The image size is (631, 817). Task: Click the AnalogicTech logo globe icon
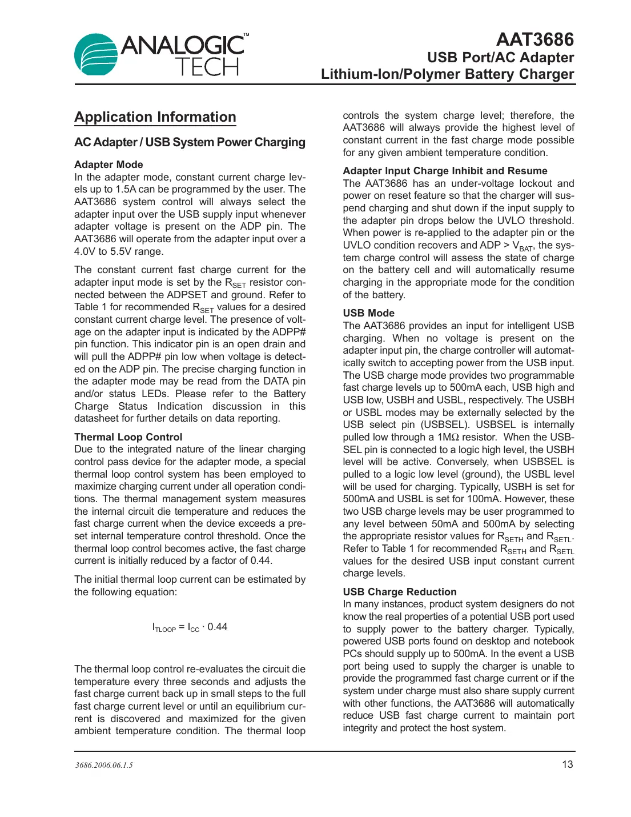click(96, 54)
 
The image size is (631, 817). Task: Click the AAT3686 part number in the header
click(534, 39)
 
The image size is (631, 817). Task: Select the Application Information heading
click(155, 117)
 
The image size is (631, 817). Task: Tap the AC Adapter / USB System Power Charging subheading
click(190, 142)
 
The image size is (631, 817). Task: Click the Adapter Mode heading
click(108, 165)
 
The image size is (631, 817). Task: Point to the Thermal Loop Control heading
click(128, 437)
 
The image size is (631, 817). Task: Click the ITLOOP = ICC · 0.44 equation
click(190, 627)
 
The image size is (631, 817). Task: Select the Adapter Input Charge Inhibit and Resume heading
click(445, 171)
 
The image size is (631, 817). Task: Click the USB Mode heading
click(368, 313)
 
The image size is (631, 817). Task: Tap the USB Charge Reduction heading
click(399, 592)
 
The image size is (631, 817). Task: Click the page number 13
click(567, 764)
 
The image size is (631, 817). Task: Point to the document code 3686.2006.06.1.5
click(104, 766)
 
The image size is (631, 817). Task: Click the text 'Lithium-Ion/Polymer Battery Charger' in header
click(447, 74)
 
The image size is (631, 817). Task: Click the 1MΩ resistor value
click(448, 437)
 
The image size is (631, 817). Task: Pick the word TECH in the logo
click(207, 67)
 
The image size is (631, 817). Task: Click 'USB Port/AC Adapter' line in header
click(500, 58)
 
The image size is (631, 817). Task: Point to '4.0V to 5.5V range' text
click(119, 251)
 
